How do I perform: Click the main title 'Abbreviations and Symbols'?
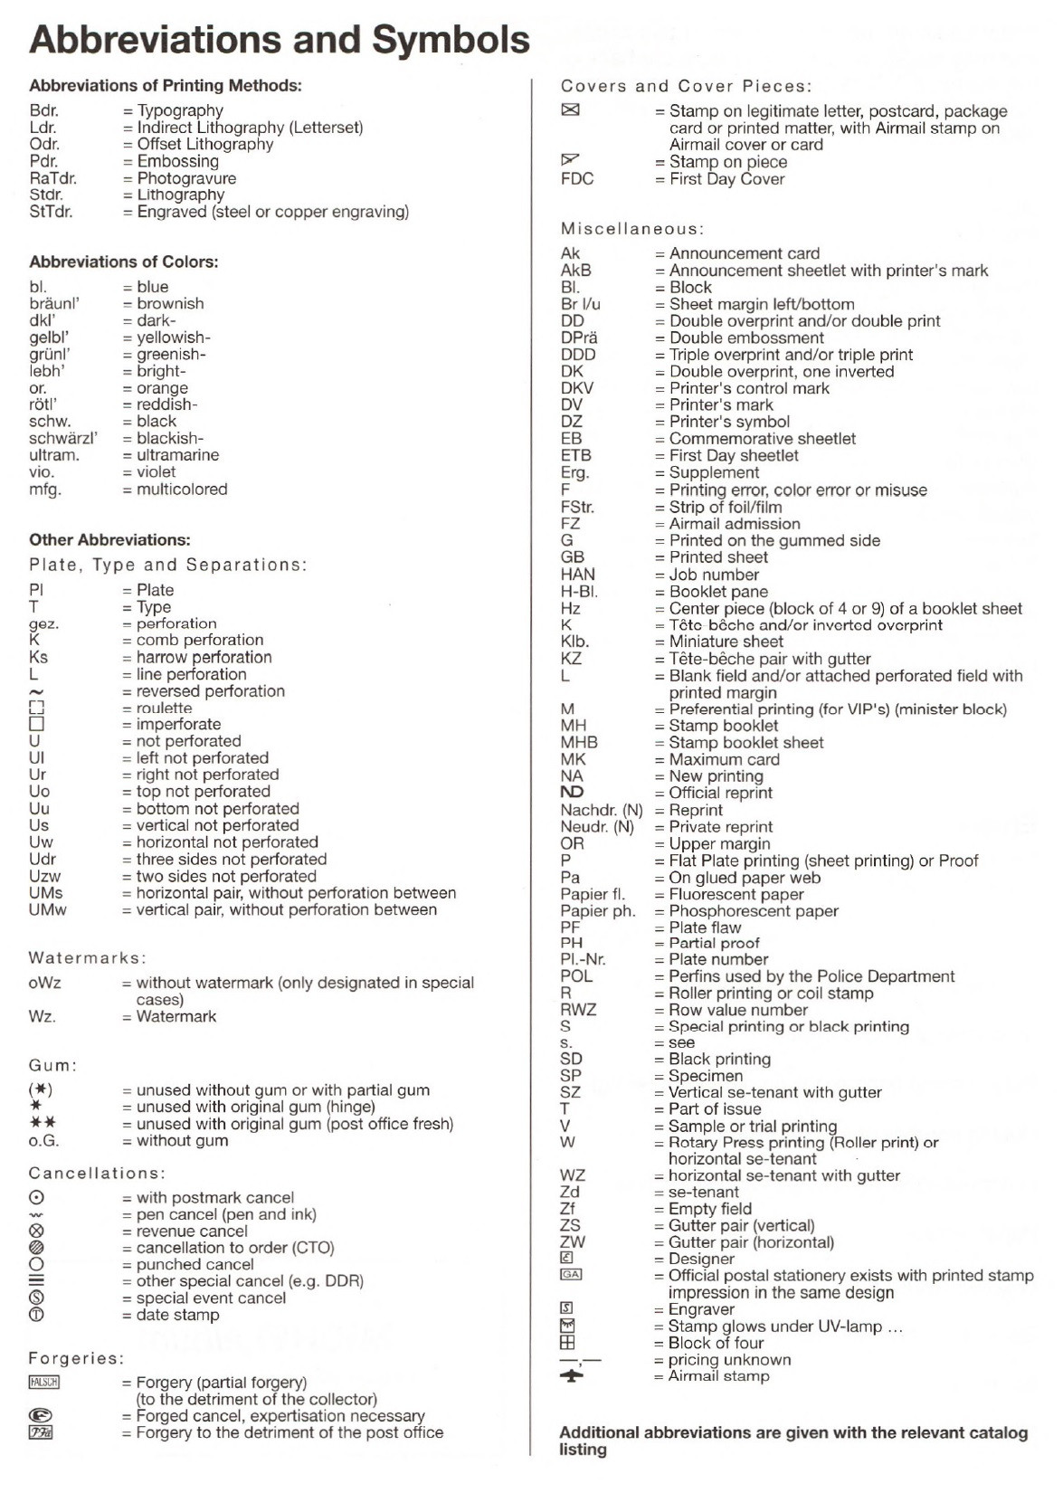280,40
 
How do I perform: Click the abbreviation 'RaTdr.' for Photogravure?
52,178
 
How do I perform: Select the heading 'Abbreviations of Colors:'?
123,262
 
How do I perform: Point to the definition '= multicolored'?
176,490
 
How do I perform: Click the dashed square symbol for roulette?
36,708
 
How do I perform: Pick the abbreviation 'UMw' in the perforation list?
47,909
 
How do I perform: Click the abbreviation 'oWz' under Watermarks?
44,983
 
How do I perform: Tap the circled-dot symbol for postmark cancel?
36,1198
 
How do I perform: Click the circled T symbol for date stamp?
36,1315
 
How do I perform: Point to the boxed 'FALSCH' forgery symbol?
43,1383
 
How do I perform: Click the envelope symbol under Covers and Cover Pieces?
570,110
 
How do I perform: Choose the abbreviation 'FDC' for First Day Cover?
577,179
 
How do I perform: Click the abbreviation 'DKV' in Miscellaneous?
577,388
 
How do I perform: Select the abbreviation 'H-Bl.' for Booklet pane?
579,592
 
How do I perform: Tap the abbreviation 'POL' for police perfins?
576,976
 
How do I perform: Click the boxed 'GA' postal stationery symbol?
571,1275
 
